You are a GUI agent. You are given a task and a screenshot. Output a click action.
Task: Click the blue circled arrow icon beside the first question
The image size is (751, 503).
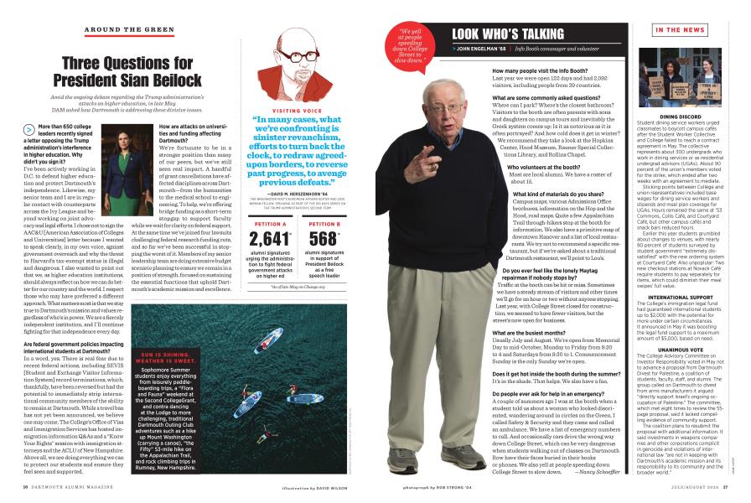click(28, 131)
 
